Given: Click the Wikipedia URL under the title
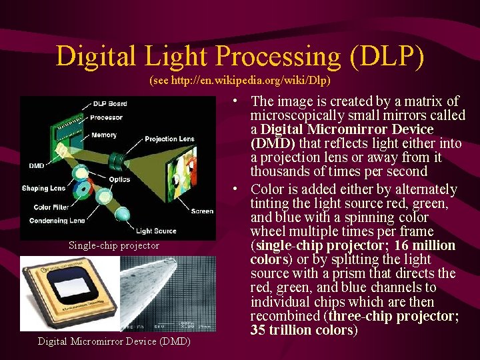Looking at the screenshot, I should tap(240, 80).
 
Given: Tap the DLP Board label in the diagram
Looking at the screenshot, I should tap(111, 103).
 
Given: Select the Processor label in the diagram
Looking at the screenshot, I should tap(107, 118).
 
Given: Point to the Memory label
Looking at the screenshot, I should tap(104, 135).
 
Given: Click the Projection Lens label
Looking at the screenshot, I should tap(169, 139).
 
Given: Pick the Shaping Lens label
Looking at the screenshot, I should tap(44, 188).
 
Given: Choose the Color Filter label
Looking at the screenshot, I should tap(51, 207).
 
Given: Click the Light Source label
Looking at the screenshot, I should tap(156, 231).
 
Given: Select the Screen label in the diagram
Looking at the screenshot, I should tap(202, 211).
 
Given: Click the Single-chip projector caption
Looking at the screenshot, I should tap(114, 245).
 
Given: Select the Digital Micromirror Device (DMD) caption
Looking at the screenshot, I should tap(114, 341).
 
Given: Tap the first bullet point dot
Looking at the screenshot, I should tap(237, 101).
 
